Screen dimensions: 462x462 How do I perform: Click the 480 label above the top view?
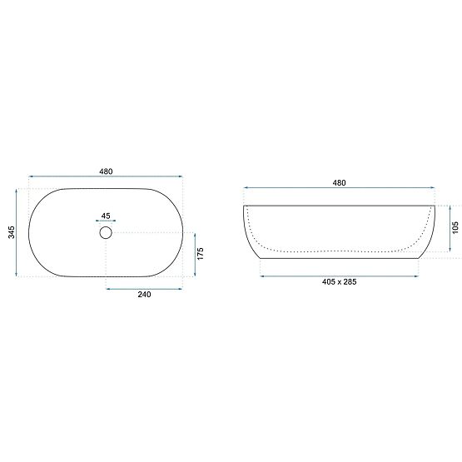point(106,171)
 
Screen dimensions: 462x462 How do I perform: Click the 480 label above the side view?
point(339,182)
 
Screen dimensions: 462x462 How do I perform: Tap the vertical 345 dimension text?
point(10,232)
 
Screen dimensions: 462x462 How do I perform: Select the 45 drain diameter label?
point(106,215)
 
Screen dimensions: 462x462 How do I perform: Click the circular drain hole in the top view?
point(106,233)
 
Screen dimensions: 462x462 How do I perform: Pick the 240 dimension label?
point(143,296)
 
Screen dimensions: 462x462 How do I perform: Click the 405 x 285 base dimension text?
point(339,282)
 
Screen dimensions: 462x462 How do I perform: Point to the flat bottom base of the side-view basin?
point(339,258)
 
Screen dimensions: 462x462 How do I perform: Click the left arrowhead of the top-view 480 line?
point(32,177)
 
